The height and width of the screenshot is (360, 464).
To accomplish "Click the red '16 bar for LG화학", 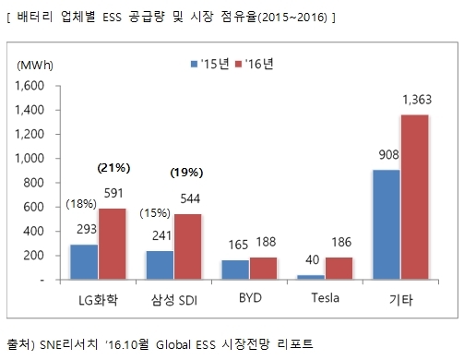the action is (113, 244).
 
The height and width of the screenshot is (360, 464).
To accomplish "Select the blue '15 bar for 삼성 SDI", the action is (160, 265).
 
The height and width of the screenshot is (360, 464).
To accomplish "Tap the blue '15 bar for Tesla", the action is (311, 277).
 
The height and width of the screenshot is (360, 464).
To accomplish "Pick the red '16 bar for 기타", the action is (415, 198).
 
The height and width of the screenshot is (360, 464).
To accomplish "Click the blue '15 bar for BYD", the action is (235, 270).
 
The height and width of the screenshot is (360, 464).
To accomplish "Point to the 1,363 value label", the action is (417, 100).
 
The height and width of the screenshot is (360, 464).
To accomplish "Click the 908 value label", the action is (388, 155).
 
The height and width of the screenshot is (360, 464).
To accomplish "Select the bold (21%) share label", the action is (113, 168).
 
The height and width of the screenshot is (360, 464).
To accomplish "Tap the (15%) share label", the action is (155, 213).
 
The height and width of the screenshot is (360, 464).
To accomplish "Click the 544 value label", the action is (190, 198).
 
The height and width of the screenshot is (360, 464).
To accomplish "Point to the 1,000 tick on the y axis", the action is (30, 159).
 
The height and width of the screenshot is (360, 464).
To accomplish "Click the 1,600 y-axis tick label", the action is (30, 86).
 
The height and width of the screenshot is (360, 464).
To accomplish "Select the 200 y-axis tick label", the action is (34, 256).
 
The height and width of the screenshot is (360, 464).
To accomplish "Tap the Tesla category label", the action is (326, 298).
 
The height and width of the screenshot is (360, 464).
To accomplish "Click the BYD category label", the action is (250, 298).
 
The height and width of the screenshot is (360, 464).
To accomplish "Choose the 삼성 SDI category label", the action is (174, 300).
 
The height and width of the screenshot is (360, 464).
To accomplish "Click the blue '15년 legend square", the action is (194, 64).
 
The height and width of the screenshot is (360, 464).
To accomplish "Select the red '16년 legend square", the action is (238, 64).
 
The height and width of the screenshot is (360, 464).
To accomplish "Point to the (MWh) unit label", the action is (35, 66).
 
